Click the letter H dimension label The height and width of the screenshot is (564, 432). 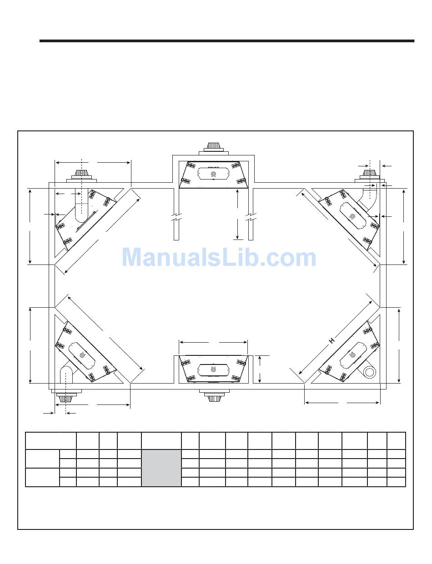point(332,340)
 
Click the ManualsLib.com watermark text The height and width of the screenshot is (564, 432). point(219,258)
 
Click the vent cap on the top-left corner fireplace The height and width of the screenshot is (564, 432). point(81,176)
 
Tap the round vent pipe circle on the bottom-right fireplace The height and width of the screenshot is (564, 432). point(369,372)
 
